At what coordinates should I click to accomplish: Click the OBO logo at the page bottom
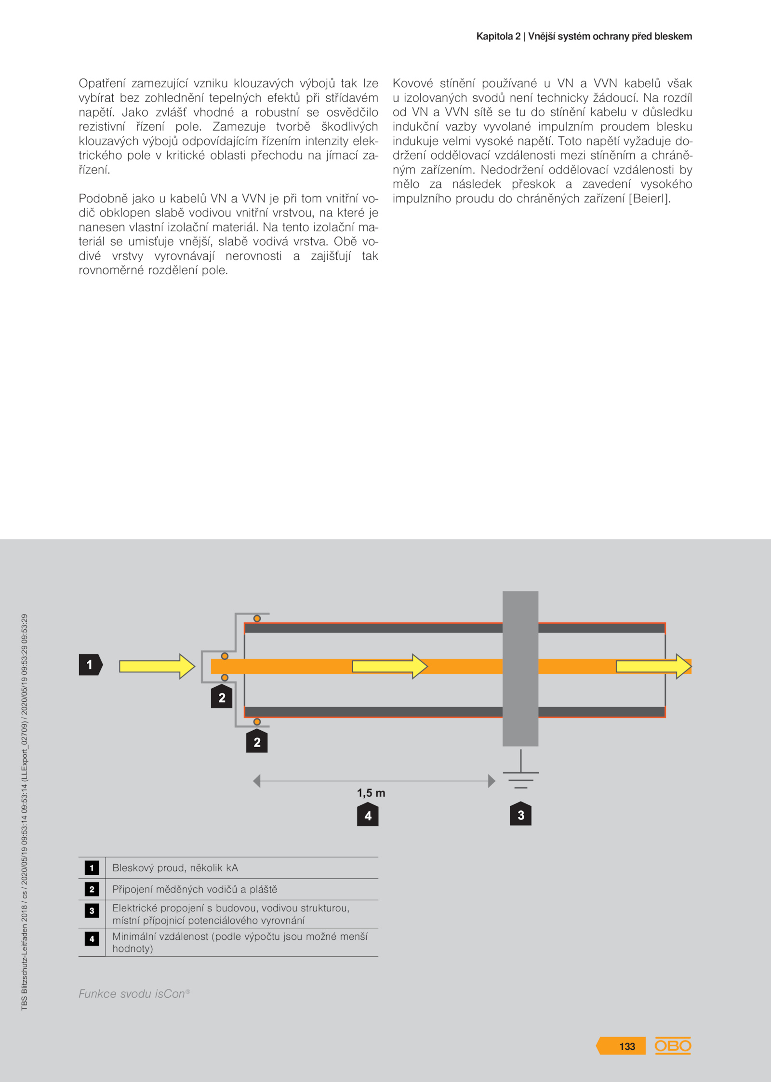[673, 1045]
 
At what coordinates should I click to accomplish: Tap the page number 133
[627, 1046]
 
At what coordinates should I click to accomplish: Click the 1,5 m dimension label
[371, 793]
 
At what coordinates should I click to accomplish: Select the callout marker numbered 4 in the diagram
[368, 815]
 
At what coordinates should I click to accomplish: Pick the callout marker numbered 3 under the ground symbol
[520, 815]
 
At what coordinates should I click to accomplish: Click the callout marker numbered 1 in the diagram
[90, 665]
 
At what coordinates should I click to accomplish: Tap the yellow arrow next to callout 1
[157, 667]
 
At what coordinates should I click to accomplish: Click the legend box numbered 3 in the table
[92, 910]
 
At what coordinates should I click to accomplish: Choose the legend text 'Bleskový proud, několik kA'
[175, 868]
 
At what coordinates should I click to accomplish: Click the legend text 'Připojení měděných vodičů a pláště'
[195, 889]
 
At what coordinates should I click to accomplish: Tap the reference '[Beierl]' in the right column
[649, 199]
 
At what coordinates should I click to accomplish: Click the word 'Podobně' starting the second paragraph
[102, 199]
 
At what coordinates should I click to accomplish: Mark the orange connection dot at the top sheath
[257, 618]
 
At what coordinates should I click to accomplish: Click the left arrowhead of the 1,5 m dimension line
[257, 781]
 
